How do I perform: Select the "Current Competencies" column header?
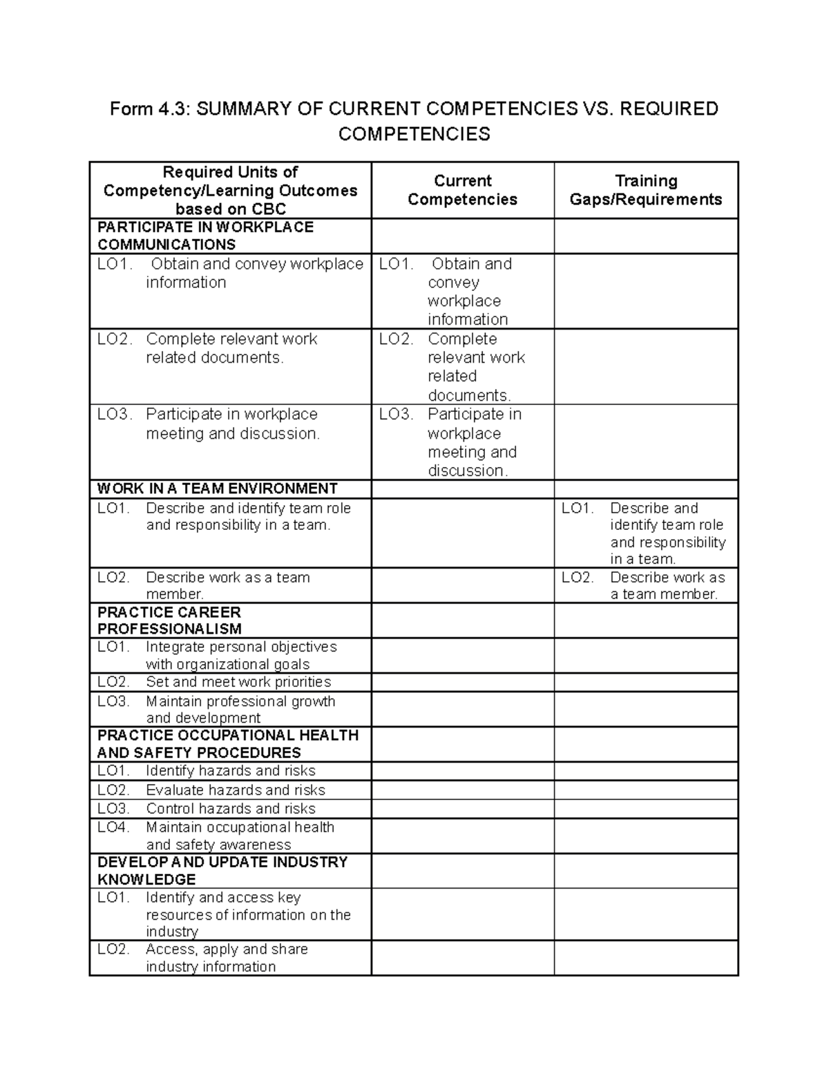click(x=462, y=190)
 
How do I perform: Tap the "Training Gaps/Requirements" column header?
click(x=645, y=190)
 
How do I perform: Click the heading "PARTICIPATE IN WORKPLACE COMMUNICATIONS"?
click(x=205, y=236)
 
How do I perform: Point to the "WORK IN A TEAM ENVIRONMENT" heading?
click(x=217, y=488)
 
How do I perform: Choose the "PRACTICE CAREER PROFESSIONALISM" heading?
click(x=169, y=620)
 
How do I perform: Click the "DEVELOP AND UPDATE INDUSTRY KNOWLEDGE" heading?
click(x=222, y=871)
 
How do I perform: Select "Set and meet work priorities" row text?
click(x=238, y=682)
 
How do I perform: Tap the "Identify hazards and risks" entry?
click(x=230, y=770)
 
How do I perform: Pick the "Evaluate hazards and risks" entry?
click(x=235, y=790)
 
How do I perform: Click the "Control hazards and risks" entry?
click(x=230, y=808)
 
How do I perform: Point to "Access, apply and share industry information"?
click(x=226, y=958)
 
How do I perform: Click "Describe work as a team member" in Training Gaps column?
click(x=667, y=586)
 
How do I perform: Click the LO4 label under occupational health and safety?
click(x=113, y=827)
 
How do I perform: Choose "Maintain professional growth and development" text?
click(x=240, y=710)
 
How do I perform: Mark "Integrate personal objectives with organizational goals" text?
click(x=240, y=656)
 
